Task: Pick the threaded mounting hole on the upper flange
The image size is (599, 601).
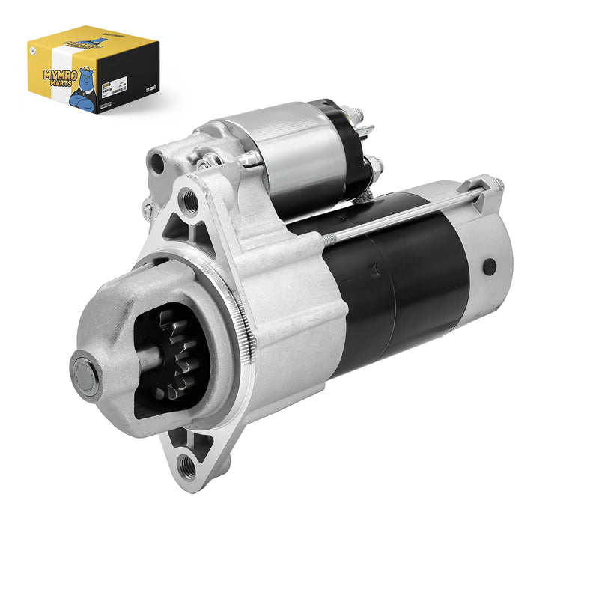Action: [x=189, y=201]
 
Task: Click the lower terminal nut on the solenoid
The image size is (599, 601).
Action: [x=375, y=166]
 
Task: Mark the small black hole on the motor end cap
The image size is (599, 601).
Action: [x=490, y=266]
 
